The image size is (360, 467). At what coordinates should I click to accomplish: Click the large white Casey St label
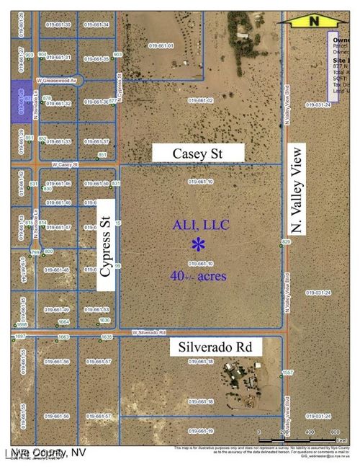pyautogui.click(x=198, y=153)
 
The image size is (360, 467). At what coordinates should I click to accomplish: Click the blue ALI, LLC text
pyautogui.click(x=200, y=226)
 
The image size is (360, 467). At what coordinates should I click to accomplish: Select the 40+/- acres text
pyautogui.click(x=198, y=275)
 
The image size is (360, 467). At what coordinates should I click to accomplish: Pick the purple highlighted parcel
pyautogui.click(x=21, y=97)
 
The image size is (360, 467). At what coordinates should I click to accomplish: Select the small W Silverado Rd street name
pyautogui.click(x=148, y=332)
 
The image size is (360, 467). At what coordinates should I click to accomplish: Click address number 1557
pyautogui.click(x=287, y=373)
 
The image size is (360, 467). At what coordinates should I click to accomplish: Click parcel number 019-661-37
pyautogui.click(x=96, y=141)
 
